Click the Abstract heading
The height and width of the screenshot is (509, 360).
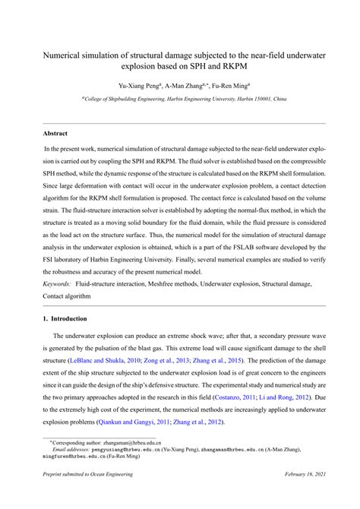point(56,133)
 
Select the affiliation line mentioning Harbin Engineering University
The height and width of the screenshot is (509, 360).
point(184,100)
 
